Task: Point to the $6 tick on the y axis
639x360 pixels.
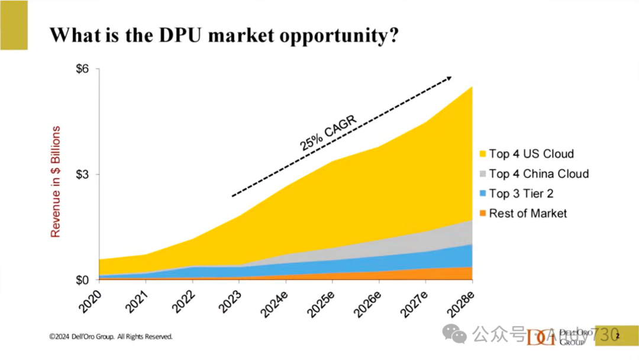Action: [82, 69]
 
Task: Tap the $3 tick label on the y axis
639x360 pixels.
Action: [82, 175]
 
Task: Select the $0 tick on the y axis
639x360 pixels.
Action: [82, 279]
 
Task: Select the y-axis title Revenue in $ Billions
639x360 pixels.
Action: [56, 181]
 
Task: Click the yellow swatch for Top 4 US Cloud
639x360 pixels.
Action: [483, 154]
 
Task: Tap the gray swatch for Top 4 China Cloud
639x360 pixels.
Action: [483, 174]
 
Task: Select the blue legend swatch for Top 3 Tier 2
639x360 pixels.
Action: [483, 194]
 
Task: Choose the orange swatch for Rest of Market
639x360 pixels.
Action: [483, 214]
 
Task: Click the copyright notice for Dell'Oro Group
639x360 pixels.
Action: [111, 336]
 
